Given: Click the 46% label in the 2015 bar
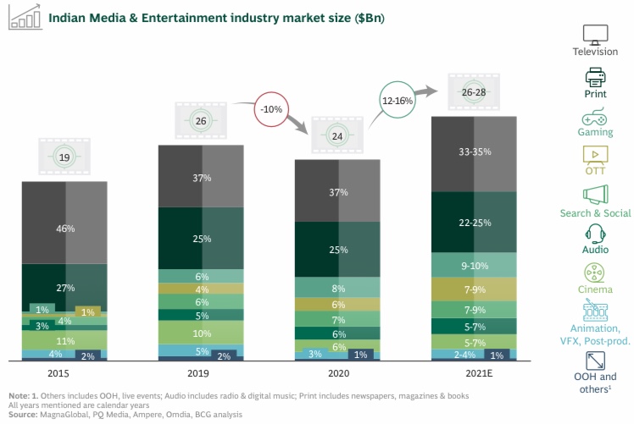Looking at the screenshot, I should pyautogui.click(x=65, y=229).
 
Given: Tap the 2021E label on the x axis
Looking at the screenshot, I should pyautogui.click(x=474, y=372).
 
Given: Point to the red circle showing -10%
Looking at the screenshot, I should pyautogui.click(x=273, y=109).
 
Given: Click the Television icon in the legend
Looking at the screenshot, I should pyautogui.click(x=595, y=35).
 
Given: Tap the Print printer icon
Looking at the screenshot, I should pyautogui.click(x=595, y=77).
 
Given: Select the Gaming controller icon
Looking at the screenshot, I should pyautogui.click(x=595, y=117).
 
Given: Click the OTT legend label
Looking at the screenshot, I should pyautogui.click(x=595, y=172).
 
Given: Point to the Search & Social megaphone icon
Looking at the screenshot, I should pyautogui.click(x=595, y=195).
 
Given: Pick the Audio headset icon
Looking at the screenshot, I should pyautogui.click(x=595, y=234).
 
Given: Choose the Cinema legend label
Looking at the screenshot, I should pyautogui.click(x=595, y=289).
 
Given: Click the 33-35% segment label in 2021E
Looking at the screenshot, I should pyautogui.click(x=474, y=152).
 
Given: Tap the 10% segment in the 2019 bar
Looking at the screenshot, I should pyautogui.click(x=202, y=333).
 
